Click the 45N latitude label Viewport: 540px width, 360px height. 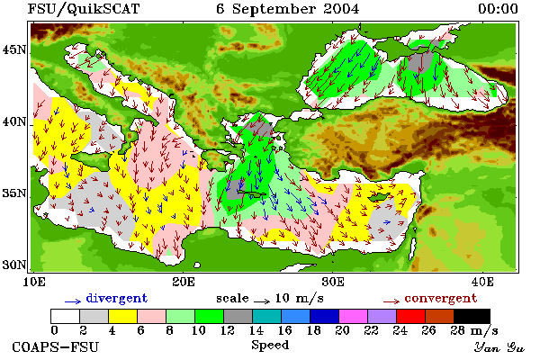(13, 50)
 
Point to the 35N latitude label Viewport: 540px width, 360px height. (13, 193)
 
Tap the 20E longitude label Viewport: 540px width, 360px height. (184, 282)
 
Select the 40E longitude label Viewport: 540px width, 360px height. (482, 282)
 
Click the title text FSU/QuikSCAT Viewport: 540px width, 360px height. (84, 9)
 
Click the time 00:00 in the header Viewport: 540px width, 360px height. (498, 9)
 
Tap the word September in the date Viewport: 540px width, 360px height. (274, 10)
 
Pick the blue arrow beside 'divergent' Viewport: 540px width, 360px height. (73, 301)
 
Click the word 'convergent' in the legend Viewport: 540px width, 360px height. (441, 298)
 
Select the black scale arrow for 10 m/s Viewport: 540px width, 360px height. (262, 301)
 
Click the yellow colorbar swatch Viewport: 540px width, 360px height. (123, 316)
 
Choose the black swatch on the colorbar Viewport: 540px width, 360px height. (472, 316)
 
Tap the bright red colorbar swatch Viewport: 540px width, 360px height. (411, 316)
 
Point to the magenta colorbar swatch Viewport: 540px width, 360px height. (354, 316)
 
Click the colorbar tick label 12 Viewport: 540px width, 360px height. (228, 330)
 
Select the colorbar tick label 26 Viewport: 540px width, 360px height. (428, 330)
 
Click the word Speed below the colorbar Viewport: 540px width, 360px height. (270, 346)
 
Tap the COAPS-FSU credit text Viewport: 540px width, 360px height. (56, 347)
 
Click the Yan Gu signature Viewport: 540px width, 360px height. (499, 347)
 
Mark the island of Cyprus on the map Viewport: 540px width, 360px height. (380, 197)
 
